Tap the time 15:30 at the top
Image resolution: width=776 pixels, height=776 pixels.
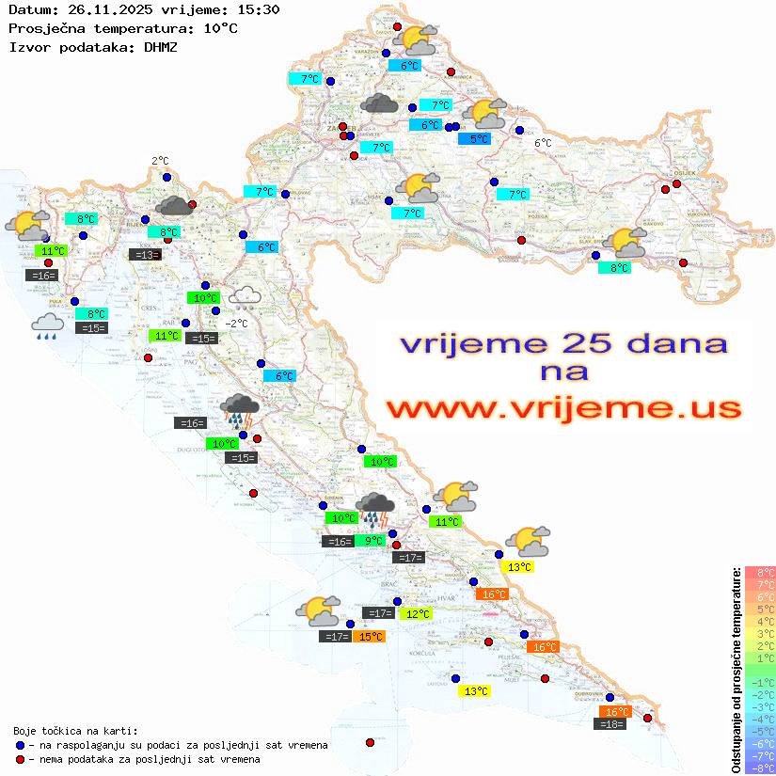257,10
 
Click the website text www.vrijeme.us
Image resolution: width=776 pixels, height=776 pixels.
563,409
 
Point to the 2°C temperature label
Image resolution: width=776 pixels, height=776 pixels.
160,161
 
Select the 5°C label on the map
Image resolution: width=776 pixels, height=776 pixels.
480,139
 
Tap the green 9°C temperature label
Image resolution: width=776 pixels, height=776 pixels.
373,541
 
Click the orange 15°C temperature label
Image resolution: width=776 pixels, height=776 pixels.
370,637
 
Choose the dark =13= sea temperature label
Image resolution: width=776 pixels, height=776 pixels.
144,255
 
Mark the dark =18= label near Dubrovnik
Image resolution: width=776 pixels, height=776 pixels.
611,723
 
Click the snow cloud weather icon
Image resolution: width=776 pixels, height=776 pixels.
245,298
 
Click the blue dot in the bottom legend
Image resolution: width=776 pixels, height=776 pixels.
20,745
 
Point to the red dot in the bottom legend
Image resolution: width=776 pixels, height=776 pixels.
20,759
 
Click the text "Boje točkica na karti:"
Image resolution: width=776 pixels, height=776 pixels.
75,731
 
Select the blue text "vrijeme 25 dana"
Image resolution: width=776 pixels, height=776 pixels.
563,344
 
